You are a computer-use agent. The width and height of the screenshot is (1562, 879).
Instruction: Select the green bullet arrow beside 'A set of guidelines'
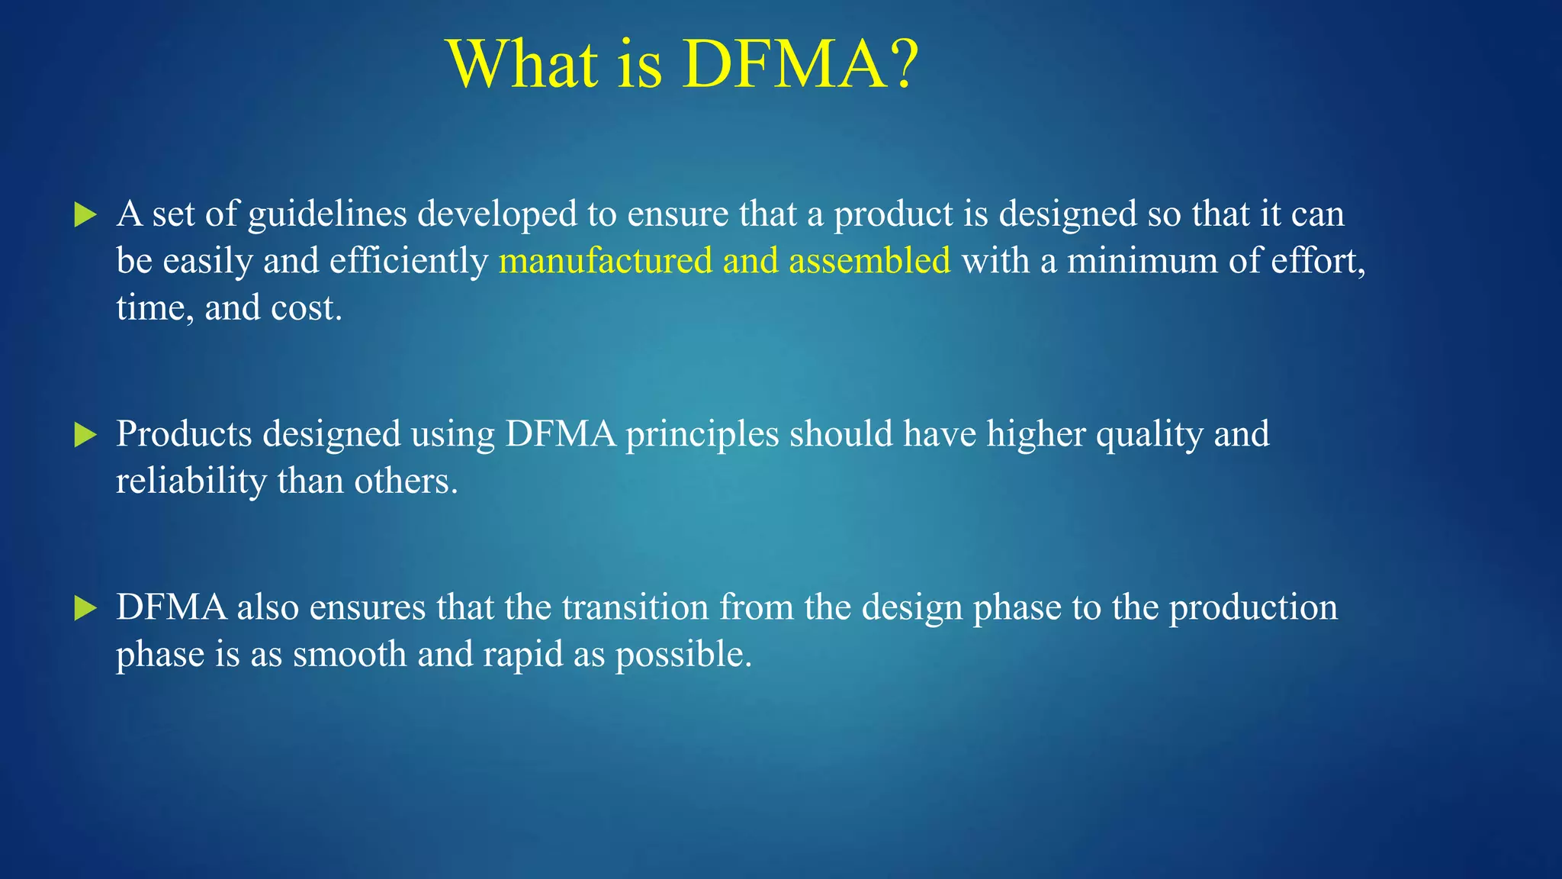point(85,215)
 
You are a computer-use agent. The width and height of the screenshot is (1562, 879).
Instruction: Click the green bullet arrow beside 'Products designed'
point(85,436)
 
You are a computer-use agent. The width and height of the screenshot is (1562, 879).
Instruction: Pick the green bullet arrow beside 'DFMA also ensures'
point(85,609)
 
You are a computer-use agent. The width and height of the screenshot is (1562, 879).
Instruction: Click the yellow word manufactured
point(606,261)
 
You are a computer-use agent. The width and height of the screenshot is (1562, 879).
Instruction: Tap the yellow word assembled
point(869,261)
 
